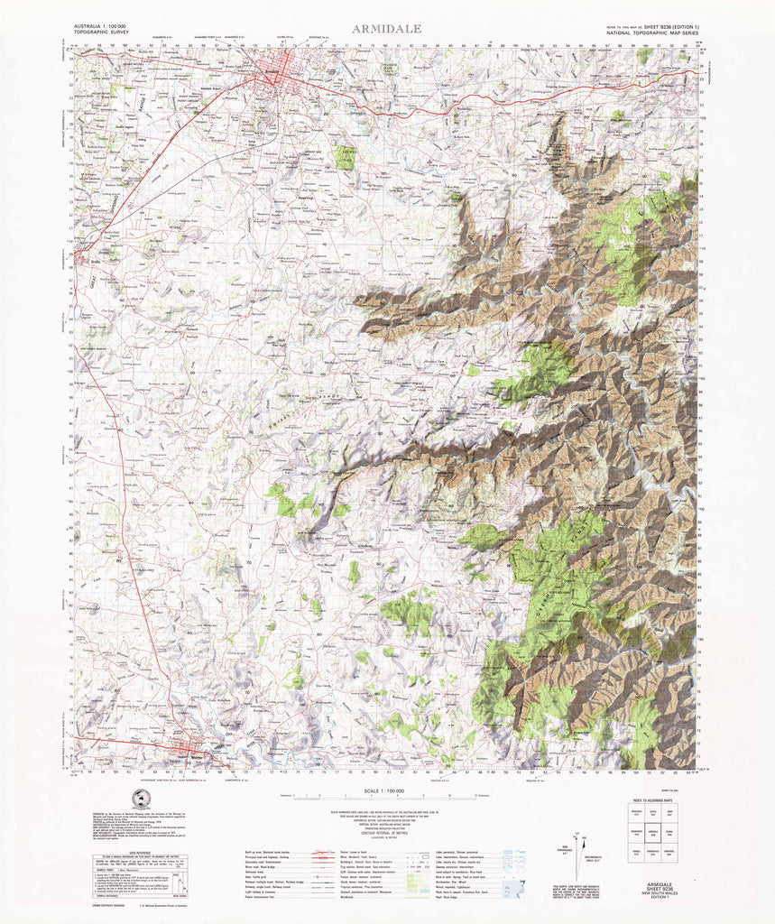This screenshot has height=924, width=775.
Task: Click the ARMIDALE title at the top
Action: click(x=387, y=29)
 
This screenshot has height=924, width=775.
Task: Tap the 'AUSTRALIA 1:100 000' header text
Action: click(x=98, y=27)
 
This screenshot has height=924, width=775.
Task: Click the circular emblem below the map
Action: click(x=139, y=799)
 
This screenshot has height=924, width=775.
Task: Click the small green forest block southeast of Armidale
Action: click(x=345, y=158)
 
